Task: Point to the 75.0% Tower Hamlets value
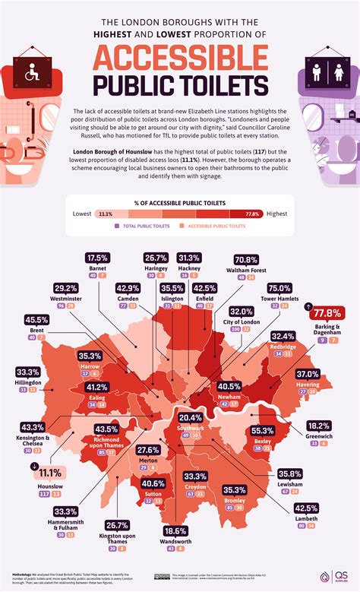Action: click(279, 288)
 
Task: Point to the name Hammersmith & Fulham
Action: click(38, 528)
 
